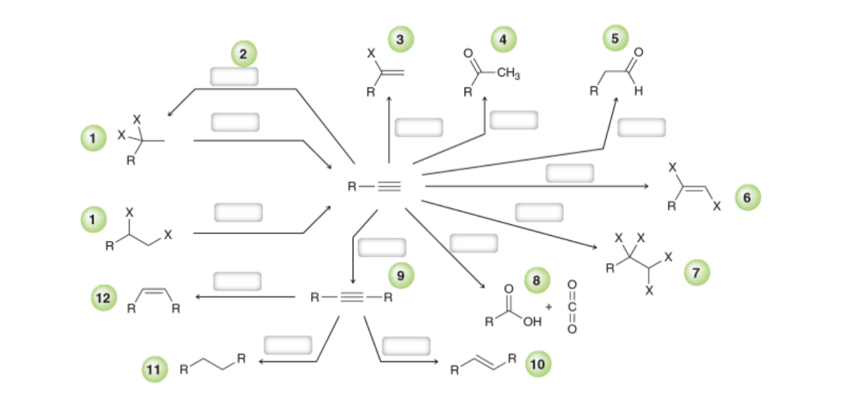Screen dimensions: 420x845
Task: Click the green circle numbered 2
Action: tap(243, 54)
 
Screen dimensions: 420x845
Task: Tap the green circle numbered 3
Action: tap(400, 39)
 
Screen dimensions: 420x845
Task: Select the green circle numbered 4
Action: tap(503, 39)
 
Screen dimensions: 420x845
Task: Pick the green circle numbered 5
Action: tap(615, 38)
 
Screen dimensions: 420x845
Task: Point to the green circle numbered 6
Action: tap(747, 197)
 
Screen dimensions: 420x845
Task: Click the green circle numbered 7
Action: tap(697, 271)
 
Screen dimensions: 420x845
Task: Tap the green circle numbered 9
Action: tap(400, 275)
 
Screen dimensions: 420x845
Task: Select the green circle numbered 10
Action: tap(537, 363)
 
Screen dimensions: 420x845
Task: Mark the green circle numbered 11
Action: tap(153, 369)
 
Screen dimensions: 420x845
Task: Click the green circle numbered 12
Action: tap(103, 298)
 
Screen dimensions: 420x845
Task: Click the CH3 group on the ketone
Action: tap(508, 74)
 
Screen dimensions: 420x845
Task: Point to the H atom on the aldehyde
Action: tap(637, 92)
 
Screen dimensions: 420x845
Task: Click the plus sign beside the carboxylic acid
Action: tap(548, 307)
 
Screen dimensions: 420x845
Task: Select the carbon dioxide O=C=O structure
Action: tap(571, 306)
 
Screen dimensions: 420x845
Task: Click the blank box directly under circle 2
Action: tap(234, 76)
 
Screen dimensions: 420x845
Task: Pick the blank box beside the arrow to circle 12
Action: tap(237, 281)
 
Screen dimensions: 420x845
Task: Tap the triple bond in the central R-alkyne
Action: tap(390, 186)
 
